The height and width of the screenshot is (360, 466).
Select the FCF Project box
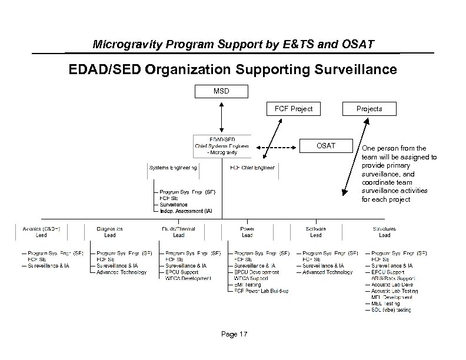coord(294,109)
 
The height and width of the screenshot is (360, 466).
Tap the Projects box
coord(370,109)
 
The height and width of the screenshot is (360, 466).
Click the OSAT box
coord(327,145)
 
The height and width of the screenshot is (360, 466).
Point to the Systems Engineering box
coord(173,169)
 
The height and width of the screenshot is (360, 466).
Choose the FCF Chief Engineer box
coord(252,169)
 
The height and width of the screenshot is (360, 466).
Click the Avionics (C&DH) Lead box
coord(41,232)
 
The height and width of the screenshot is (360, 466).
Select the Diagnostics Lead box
coord(109,232)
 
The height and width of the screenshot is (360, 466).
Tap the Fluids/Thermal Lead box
coord(178,232)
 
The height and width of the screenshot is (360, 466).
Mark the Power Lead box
coord(247,232)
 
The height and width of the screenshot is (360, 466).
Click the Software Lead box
coord(316,232)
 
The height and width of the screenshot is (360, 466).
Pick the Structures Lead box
coord(384,232)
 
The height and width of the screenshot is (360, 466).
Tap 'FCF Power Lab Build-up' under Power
coord(261,291)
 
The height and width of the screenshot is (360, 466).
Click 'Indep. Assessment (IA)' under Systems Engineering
coord(186,211)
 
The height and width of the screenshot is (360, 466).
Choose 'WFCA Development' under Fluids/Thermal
coord(188,278)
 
